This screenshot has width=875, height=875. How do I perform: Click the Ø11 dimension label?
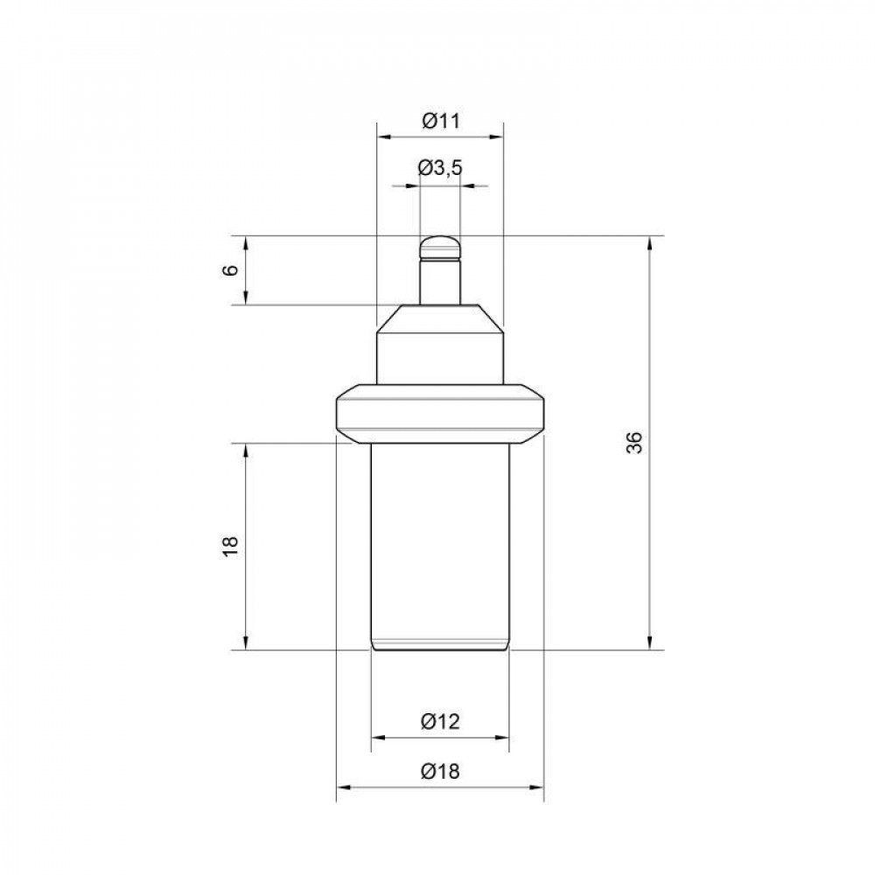440,122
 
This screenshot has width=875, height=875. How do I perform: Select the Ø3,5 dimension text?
440,169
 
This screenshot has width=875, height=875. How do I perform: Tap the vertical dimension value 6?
231,269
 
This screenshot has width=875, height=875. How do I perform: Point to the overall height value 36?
635,443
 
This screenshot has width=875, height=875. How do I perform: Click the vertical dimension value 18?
231,546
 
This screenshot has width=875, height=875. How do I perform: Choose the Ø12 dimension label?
440,722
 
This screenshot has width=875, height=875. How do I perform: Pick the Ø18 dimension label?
440,771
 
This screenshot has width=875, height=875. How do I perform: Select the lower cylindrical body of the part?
440,542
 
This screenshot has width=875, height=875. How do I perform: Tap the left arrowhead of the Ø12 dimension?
378,738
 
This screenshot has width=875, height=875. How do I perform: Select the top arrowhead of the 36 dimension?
650,242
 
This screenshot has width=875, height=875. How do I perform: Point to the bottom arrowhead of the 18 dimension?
246,644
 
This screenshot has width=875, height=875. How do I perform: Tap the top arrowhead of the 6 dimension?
246,242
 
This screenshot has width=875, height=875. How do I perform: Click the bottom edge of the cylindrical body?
440,649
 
